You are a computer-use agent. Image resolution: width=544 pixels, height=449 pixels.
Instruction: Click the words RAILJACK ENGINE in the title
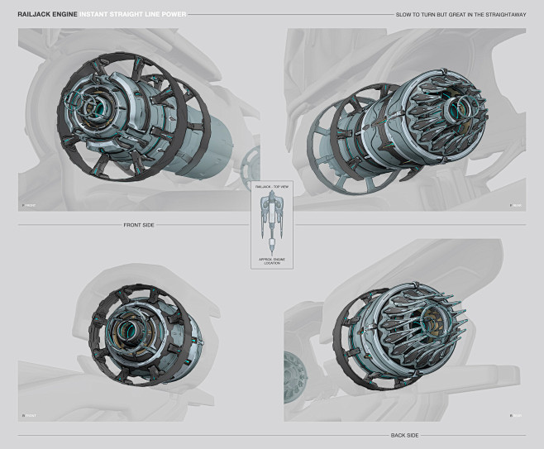(46, 15)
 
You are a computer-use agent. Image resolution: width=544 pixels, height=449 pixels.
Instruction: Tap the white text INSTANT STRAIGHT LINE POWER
(131, 15)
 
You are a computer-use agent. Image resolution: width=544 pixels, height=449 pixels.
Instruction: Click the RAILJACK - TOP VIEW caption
(272, 189)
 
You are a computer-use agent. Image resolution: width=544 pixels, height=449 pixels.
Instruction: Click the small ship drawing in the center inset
(272, 223)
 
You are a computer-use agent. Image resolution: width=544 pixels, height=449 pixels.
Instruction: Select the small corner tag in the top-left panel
(28, 205)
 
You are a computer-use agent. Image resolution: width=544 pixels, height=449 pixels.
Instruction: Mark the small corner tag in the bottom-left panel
(28, 415)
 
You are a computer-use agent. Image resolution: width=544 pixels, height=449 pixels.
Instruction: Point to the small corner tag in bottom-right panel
(515, 415)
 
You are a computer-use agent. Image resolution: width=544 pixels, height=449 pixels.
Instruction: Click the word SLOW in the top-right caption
(403, 15)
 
